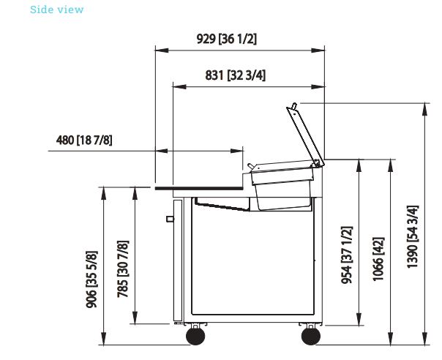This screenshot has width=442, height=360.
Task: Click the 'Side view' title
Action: (x=56, y=10)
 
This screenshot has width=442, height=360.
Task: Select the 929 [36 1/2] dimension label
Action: (x=227, y=39)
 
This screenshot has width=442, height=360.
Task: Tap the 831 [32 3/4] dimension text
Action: (x=236, y=75)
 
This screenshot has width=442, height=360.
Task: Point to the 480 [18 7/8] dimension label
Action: (x=84, y=140)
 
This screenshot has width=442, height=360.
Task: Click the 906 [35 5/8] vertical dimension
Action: (x=92, y=279)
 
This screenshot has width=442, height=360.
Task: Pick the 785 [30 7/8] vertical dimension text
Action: (x=123, y=269)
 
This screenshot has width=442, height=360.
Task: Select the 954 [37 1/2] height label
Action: (x=347, y=255)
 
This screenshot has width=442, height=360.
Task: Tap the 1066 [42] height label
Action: (x=378, y=259)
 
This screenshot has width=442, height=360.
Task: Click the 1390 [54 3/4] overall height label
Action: (x=413, y=236)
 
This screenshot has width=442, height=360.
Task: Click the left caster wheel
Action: (x=195, y=336)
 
